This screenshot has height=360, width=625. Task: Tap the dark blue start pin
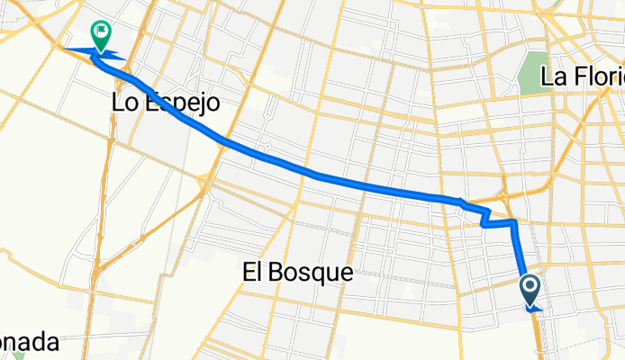point(530,290)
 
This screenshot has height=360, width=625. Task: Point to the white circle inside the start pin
point(530,286)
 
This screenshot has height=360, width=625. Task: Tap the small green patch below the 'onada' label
point(19,355)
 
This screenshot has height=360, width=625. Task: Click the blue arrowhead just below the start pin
point(533,307)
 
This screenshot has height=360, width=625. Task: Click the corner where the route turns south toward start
point(513,221)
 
